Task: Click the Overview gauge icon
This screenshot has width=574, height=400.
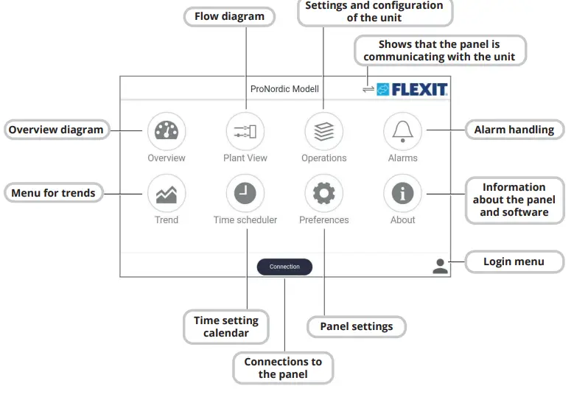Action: point(167,131)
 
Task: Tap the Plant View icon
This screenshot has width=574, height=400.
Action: point(245,131)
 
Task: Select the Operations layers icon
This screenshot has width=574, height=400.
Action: point(323,131)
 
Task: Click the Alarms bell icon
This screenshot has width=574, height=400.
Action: point(402,131)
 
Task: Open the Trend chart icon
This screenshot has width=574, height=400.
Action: point(167,193)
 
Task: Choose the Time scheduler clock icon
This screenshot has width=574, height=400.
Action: point(245,193)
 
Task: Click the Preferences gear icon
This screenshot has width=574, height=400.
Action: point(323,193)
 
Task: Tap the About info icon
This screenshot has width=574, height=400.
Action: point(402,193)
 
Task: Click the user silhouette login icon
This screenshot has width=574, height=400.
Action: point(440,266)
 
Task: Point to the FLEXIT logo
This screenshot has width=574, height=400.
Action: point(413,89)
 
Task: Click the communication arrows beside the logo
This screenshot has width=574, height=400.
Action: point(368,89)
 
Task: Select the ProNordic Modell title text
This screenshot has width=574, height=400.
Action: point(284,89)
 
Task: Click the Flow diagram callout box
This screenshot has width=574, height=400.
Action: point(229,16)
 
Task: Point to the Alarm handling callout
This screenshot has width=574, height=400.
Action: point(514,130)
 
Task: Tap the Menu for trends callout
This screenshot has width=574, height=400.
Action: point(53,193)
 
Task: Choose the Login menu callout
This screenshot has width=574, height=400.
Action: point(514,262)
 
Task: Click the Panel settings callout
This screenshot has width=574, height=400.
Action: point(356,326)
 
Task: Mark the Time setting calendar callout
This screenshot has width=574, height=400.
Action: point(225,326)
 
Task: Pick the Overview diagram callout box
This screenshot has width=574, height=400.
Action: point(56,130)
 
